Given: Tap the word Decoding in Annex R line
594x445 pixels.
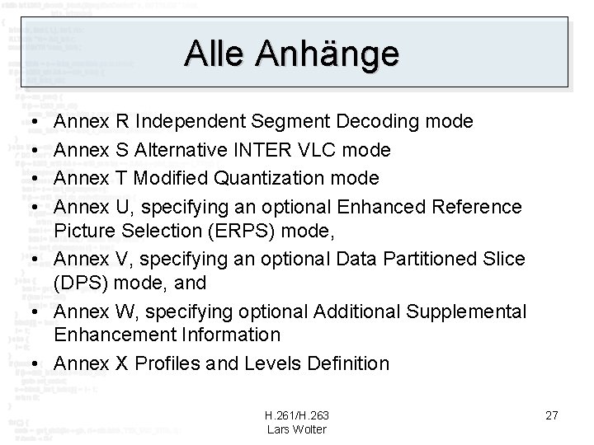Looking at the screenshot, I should [377, 122].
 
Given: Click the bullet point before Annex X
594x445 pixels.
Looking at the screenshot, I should [29, 363].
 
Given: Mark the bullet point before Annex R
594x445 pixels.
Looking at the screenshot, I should [29, 122].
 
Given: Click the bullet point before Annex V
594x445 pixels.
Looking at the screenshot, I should [29, 259].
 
